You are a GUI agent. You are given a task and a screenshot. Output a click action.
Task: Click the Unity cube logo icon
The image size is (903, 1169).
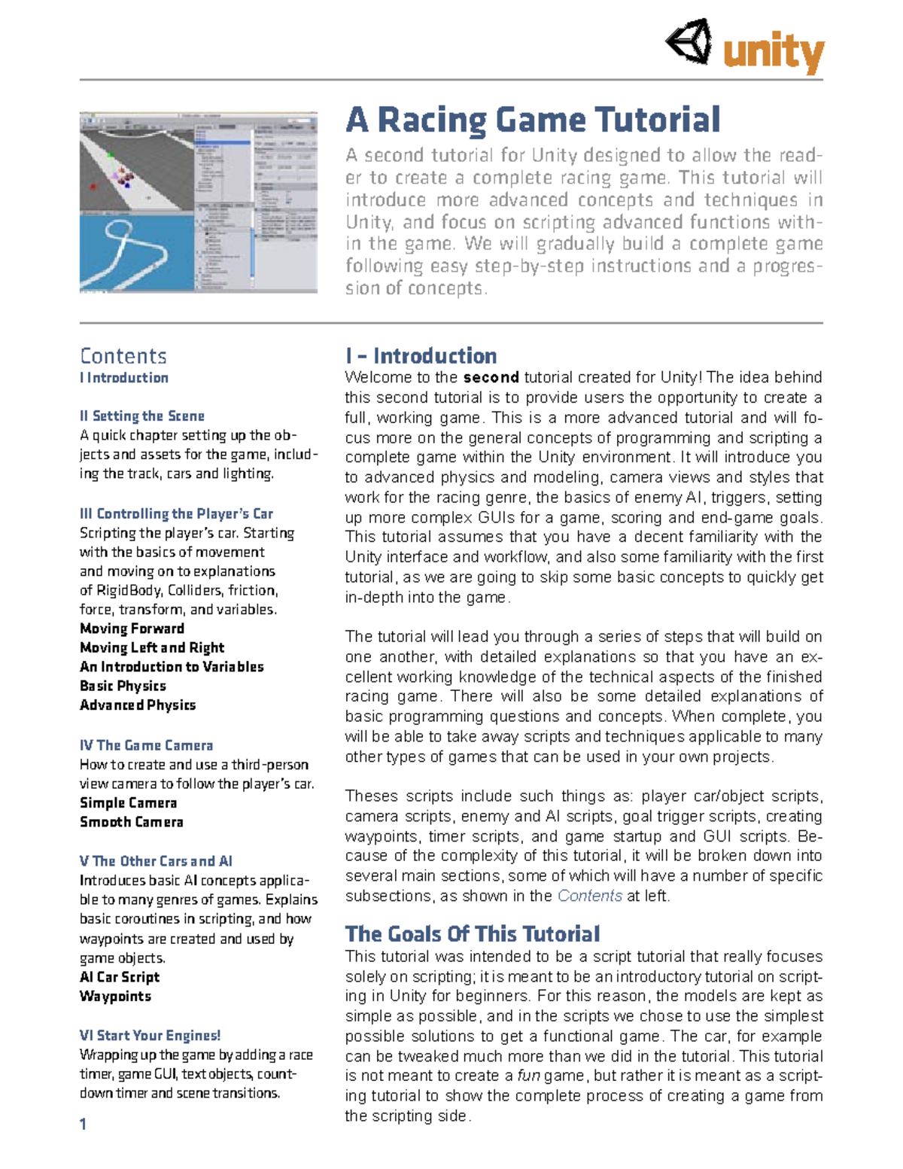(x=689, y=42)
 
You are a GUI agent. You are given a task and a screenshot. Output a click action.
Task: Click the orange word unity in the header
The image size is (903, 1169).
(x=774, y=53)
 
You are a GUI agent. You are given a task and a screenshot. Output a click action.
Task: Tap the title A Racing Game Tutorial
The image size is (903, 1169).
(x=533, y=120)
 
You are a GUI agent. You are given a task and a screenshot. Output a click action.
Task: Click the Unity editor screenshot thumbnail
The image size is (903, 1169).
(x=198, y=202)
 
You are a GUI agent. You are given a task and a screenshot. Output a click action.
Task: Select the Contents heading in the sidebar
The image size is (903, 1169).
(x=123, y=356)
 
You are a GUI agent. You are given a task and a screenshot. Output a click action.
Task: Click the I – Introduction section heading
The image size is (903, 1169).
(x=421, y=356)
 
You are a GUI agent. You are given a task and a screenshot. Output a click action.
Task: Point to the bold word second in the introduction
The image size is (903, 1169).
(x=491, y=377)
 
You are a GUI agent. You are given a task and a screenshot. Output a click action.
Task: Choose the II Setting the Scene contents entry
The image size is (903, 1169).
(x=142, y=416)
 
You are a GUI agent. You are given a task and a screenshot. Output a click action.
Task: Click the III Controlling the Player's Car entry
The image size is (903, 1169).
(x=176, y=513)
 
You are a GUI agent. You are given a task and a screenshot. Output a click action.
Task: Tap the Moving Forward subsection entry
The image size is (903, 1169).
(x=132, y=628)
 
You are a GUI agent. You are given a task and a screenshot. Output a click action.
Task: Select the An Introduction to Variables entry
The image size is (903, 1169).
(x=172, y=666)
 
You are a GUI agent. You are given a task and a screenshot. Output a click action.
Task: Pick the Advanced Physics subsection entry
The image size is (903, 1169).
(x=138, y=705)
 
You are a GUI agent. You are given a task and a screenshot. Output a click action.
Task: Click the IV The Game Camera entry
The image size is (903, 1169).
(x=146, y=745)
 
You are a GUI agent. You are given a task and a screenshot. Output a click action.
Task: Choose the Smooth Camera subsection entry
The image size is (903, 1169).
(x=132, y=822)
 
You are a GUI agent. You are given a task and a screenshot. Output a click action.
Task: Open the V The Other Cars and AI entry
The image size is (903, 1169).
(x=156, y=861)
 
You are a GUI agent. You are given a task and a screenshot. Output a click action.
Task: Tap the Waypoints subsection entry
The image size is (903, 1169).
(x=115, y=996)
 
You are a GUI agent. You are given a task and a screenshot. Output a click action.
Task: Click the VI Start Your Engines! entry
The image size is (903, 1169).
(x=150, y=1036)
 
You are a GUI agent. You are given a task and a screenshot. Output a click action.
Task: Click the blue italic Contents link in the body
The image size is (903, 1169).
(x=589, y=896)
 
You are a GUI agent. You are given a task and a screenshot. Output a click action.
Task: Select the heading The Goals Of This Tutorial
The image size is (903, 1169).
(x=472, y=934)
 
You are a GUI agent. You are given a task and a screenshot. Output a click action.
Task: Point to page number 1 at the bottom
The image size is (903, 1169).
(x=83, y=1124)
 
